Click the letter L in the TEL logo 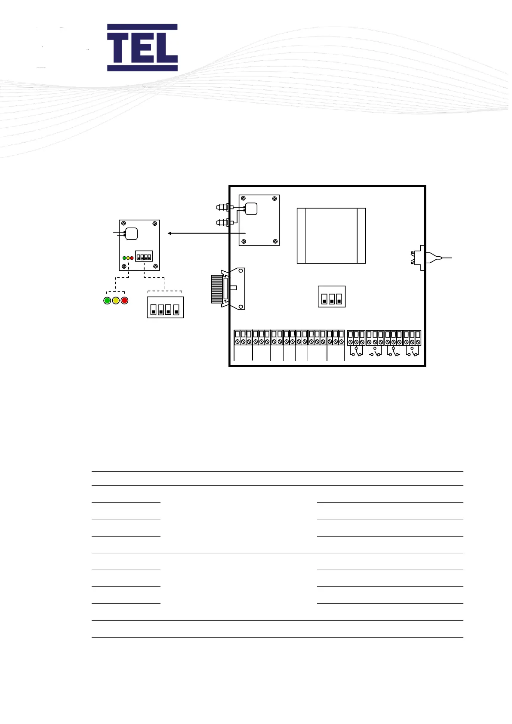point(166,48)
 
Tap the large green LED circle point(108,301)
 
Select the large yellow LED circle point(116,301)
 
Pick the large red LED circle point(125,301)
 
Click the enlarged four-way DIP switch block point(165,307)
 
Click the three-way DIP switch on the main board point(332,297)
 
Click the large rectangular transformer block point(331,236)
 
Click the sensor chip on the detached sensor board point(131,233)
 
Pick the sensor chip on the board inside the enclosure point(251,209)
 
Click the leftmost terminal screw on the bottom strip point(237,342)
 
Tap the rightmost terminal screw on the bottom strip point(418,342)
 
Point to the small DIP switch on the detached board point(144,256)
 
